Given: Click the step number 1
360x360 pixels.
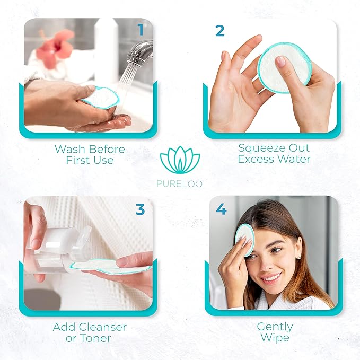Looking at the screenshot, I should [x=141, y=30].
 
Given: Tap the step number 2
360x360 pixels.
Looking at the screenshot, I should [x=220, y=30].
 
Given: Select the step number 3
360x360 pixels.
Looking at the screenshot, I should [x=140, y=209].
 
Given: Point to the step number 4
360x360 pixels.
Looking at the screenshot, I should [x=221, y=209].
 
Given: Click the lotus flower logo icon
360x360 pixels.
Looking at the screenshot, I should [x=180, y=161].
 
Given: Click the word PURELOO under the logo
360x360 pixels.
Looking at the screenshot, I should [x=180, y=183].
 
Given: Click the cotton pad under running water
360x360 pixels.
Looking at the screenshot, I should [x=101, y=97].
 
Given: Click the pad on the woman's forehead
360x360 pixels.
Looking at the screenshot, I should [x=245, y=238].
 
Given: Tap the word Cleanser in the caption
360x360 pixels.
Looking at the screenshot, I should [x=101, y=327].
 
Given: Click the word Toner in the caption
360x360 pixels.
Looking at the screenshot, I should [x=96, y=338].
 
